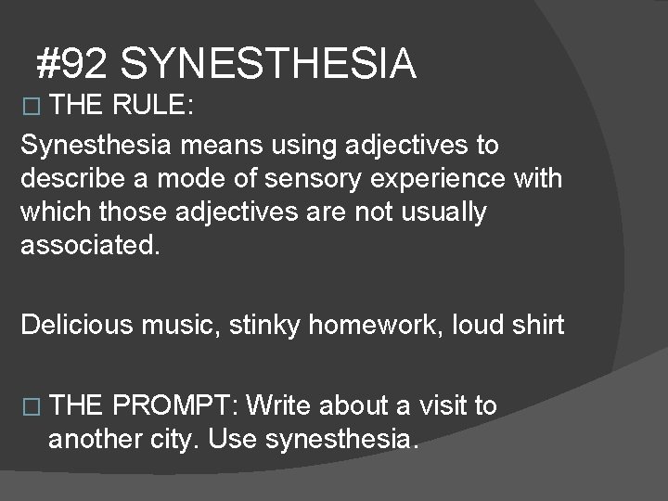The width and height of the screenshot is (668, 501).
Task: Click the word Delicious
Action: point(77,325)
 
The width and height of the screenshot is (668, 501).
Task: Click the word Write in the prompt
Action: point(281,405)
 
